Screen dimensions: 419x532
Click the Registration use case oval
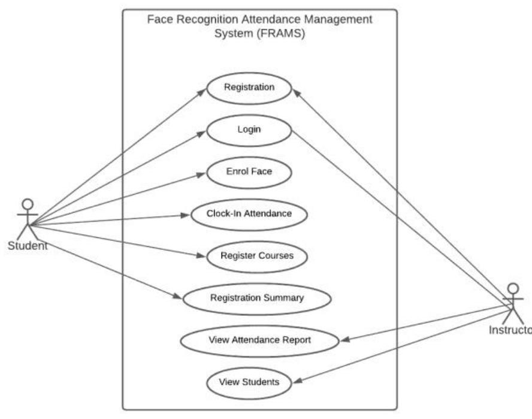[x=249, y=88]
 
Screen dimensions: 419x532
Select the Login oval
[x=249, y=129]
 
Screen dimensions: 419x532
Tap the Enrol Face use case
[x=249, y=171]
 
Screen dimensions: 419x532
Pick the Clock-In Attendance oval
[x=249, y=214]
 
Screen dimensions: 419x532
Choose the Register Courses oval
[x=257, y=256]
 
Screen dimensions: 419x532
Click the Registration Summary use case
[x=256, y=298]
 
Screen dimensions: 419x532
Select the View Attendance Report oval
[x=259, y=340]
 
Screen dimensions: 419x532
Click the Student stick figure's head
[x=28, y=204]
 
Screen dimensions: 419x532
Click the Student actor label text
[x=28, y=246]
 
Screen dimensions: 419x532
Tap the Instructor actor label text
[x=509, y=330]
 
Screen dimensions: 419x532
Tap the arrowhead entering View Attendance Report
[x=344, y=340]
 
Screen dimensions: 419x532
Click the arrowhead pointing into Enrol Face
[x=203, y=174]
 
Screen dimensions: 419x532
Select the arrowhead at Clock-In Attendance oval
[x=188, y=215]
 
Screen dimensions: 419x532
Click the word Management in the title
[x=338, y=19]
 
